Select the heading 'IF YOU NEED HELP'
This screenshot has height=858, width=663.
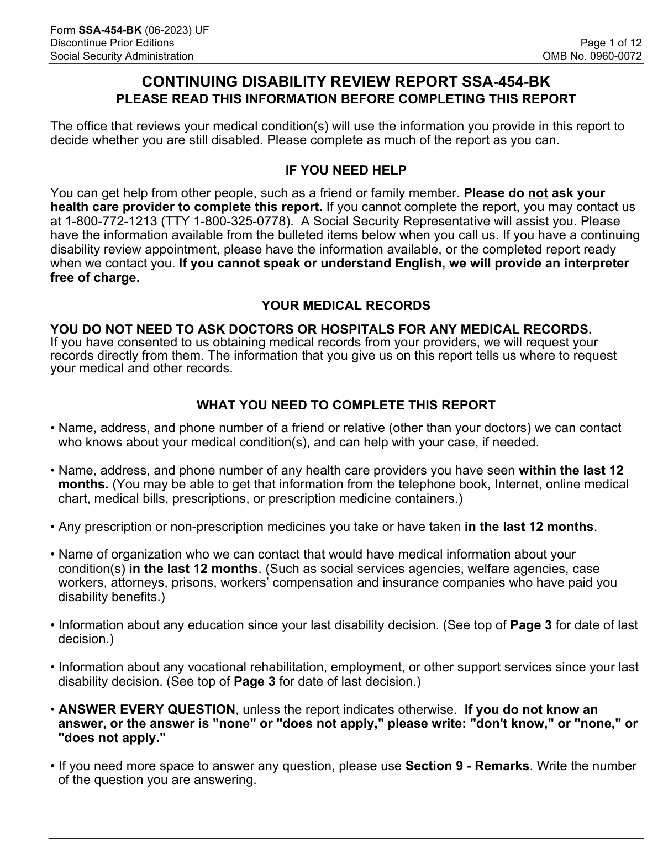(345, 170)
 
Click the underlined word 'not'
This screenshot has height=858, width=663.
(538, 193)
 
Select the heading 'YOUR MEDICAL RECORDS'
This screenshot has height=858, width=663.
(345, 306)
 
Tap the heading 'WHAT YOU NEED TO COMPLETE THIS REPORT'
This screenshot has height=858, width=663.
(345, 405)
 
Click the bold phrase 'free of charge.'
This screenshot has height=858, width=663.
(94, 277)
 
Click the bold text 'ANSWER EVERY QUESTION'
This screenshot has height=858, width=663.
(146, 709)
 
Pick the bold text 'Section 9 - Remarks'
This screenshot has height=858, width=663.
(467, 766)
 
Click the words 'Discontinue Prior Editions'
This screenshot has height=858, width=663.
(112, 43)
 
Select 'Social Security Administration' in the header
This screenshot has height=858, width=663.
(122, 56)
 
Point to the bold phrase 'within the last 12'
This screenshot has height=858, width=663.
(571, 470)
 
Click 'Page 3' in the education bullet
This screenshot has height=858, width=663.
(530, 625)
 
